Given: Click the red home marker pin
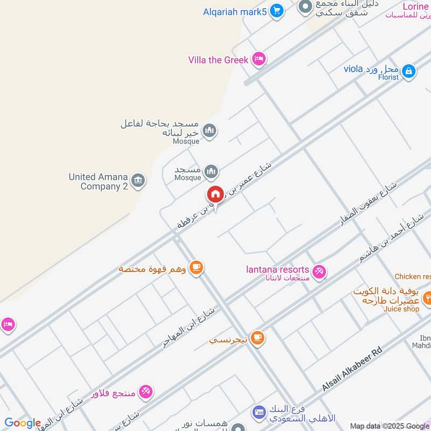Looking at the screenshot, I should [215, 194].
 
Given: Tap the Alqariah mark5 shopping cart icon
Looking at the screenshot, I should [276, 11].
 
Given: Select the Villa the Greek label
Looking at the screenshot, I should [218, 60].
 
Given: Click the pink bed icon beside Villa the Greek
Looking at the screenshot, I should [259, 59].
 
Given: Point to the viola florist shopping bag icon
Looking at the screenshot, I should [409, 71].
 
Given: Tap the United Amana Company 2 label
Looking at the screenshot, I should [98, 182].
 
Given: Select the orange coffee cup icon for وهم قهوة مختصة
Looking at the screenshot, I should [197, 267].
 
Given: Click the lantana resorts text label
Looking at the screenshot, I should [277, 269].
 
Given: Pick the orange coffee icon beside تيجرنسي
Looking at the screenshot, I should [258, 338].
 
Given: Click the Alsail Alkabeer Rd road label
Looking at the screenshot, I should [352, 369].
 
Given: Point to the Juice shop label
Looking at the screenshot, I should [401, 309].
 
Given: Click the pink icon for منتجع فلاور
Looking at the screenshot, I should [145, 392].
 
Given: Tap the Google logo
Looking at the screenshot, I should [23, 423].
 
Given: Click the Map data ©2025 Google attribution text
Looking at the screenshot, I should [390, 426].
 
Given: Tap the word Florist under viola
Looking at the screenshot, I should [388, 78].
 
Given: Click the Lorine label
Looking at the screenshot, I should [415, 6].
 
